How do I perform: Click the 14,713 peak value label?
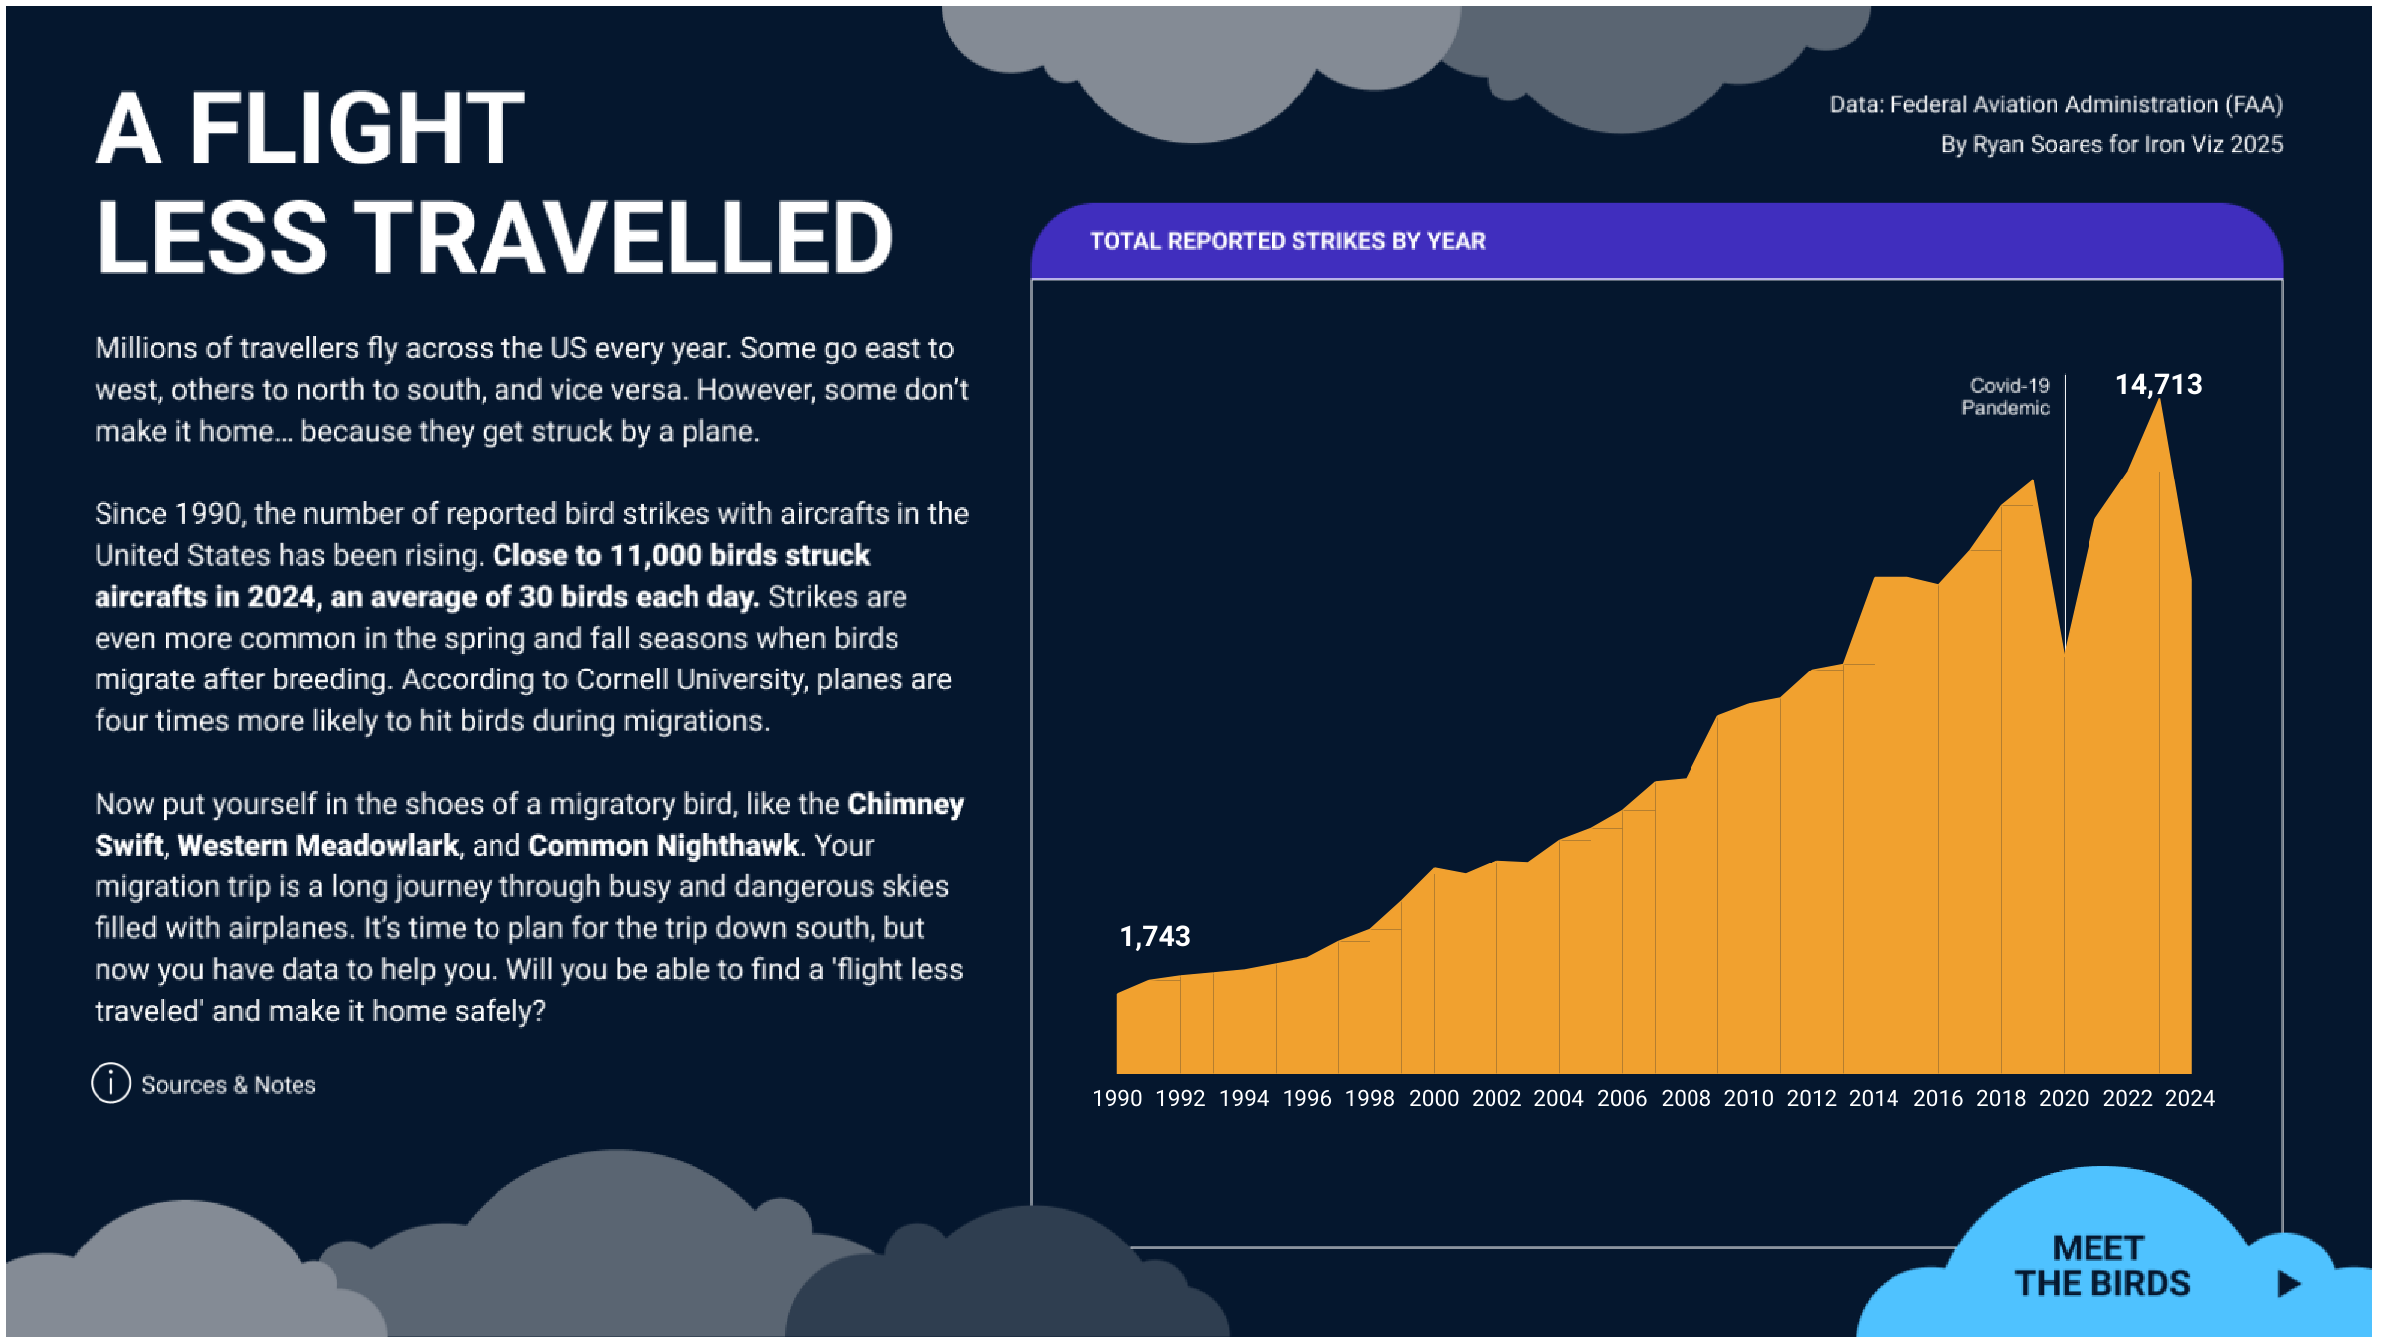coord(2157,385)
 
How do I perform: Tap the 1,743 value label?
coord(1154,936)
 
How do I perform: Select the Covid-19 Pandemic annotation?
coord(2006,397)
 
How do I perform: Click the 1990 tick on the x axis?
coord(1117,1098)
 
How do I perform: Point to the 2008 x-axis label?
coord(1686,1098)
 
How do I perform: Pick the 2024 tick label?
coord(2189,1098)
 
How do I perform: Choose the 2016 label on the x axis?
coord(1937,1098)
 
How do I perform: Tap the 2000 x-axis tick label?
coord(1433,1098)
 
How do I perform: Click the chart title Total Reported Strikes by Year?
coord(1287,241)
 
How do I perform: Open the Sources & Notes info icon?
coord(111,1083)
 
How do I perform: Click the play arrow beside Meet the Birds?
coord(2288,1284)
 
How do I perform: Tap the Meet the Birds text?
coord(2101,1266)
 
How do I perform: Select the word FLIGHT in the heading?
coord(356,129)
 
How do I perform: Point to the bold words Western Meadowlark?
coord(318,846)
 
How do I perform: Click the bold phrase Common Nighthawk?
coord(664,846)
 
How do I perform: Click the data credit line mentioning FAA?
coord(2055,104)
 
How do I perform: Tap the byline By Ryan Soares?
coord(2110,145)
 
